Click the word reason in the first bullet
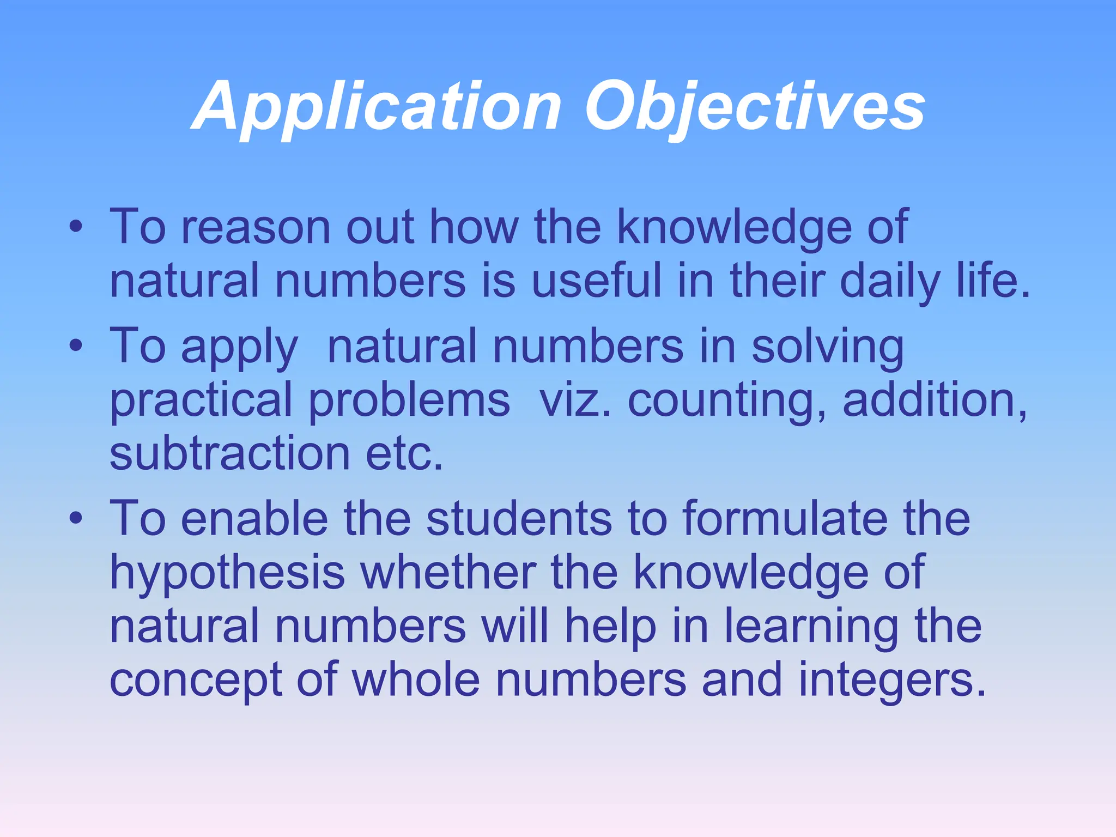[x=256, y=227]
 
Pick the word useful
[x=597, y=280]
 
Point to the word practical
[x=202, y=401]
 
